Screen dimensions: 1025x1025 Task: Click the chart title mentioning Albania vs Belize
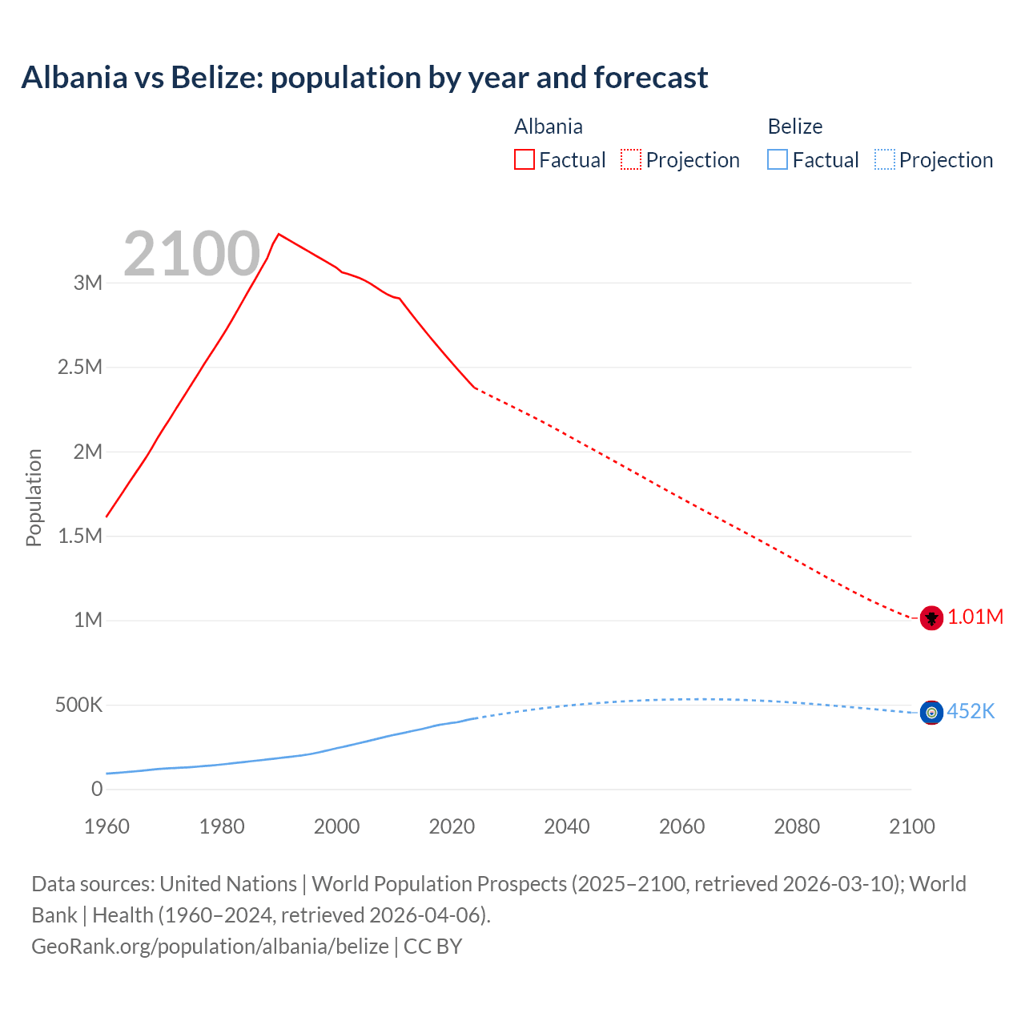pos(364,78)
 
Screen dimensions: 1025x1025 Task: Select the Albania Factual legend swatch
pos(524,159)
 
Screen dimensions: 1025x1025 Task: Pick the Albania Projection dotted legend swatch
pos(630,159)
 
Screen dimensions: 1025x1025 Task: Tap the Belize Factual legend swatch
pos(777,159)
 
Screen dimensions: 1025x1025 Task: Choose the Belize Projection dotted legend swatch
pos(884,159)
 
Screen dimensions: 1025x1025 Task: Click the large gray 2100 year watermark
pos(191,254)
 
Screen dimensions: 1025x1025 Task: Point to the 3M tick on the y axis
pos(88,283)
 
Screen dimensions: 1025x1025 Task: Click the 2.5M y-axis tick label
pos(80,368)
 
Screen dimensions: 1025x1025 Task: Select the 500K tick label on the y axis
pos(78,705)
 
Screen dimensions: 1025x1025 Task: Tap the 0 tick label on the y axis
pos(97,790)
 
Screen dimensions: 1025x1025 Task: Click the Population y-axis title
pos(34,497)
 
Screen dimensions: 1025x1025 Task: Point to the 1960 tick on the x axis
pos(107,826)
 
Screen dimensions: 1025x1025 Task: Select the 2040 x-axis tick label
pos(567,826)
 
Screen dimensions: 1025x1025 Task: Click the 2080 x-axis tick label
pos(797,826)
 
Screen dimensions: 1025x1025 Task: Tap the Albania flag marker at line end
pos(931,618)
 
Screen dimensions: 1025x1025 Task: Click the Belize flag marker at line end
pos(931,712)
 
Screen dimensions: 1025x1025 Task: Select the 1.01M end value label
pos(975,617)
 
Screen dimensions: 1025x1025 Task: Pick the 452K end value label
pos(971,711)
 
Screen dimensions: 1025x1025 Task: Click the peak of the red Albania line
pos(278,235)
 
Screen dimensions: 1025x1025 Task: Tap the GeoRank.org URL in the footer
pos(210,947)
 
